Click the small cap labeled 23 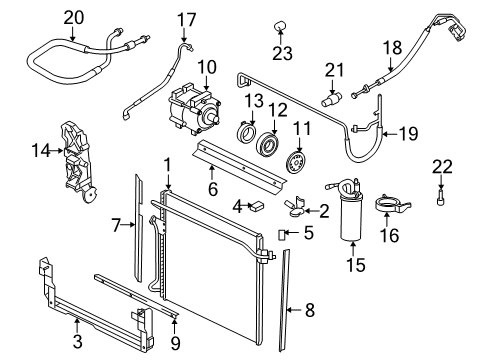coord(281,25)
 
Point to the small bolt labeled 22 coord(439,199)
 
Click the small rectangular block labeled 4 coord(256,207)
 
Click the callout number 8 coord(309,310)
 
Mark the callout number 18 coord(394,46)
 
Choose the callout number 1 coord(169,163)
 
